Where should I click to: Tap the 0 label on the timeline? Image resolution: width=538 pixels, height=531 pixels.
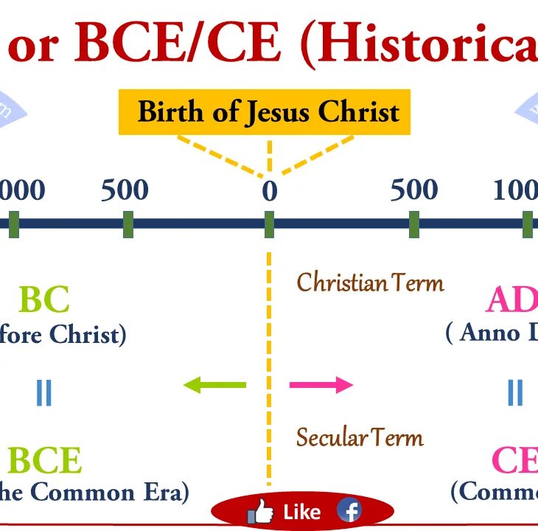click(x=270, y=192)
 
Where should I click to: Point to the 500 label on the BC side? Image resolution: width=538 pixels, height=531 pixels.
click(x=125, y=190)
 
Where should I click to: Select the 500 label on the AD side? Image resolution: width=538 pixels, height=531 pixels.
click(x=414, y=190)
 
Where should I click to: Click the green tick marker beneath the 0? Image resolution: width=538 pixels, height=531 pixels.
click(x=269, y=224)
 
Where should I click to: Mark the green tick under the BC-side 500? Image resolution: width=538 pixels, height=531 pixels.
click(x=128, y=224)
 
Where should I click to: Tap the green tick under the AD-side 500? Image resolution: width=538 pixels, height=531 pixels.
click(x=414, y=224)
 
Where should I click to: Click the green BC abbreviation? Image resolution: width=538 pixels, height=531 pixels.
click(x=44, y=299)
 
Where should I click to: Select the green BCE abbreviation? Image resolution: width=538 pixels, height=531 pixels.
click(x=45, y=461)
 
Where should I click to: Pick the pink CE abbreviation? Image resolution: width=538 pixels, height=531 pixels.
click(x=514, y=461)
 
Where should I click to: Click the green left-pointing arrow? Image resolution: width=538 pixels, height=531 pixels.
click(x=214, y=384)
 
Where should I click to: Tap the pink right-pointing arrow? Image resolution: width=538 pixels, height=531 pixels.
click(x=321, y=384)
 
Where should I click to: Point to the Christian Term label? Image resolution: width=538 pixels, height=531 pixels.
click(x=370, y=282)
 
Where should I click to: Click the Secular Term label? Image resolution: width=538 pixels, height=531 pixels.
click(x=360, y=437)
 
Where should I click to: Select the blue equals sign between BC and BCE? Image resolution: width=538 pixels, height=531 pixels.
click(x=44, y=392)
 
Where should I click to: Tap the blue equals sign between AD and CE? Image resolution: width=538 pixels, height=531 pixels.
click(x=514, y=392)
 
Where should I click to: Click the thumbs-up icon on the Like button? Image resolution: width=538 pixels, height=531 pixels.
click(x=260, y=511)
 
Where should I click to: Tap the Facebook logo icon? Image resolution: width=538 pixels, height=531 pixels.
click(x=349, y=510)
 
